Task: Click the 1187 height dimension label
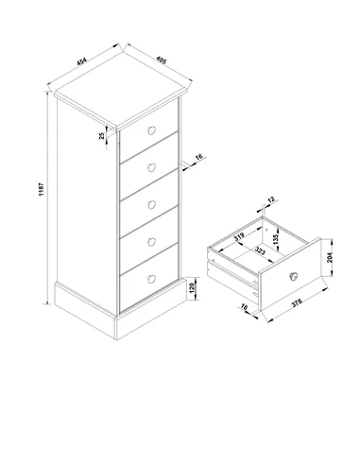click(x=42, y=189)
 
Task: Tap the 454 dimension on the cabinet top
click(x=81, y=61)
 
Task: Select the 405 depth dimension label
click(x=161, y=60)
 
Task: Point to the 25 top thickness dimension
click(x=102, y=136)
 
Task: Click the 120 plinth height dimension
click(x=192, y=288)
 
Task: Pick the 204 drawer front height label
click(x=330, y=257)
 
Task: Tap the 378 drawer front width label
click(x=297, y=303)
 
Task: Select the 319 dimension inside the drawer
click(x=239, y=237)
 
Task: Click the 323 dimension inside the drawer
click(x=260, y=251)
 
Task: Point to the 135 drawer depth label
click(x=276, y=240)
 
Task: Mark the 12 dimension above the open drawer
click(x=271, y=199)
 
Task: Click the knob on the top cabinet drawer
click(x=151, y=130)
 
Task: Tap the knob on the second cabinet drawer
click(x=151, y=168)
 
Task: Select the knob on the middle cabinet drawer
click(x=151, y=205)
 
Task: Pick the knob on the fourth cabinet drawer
click(x=151, y=242)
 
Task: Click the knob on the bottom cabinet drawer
click(x=151, y=279)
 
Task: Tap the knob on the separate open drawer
click(x=293, y=277)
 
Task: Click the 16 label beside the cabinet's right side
click(x=198, y=157)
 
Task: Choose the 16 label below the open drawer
click(x=244, y=307)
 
